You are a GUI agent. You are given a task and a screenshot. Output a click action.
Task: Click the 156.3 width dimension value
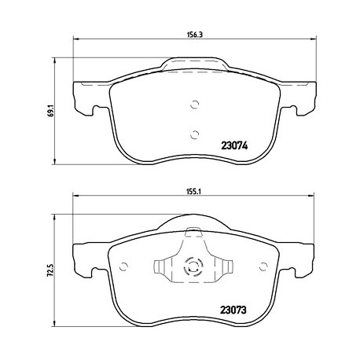pyautogui.click(x=195, y=35)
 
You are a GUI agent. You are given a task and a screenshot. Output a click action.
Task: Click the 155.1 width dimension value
pyautogui.click(x=193, y=192)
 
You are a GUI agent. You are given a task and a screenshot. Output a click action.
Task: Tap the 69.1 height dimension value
pyautogui.click(x=51, y=110)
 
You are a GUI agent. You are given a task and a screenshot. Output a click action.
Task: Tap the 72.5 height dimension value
pyautogui.click(x=51, y=270)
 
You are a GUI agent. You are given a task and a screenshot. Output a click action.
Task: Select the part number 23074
pyautogui.click(x=234, y=145)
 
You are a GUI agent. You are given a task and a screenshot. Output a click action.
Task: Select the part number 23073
pyautogui.click(x=233, y=310)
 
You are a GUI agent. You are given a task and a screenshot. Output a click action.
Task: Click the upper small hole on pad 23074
pyautogui.click(x=194, y=105)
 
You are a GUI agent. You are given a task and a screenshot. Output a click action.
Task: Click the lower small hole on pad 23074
pyautogui.click(x=194, y=134)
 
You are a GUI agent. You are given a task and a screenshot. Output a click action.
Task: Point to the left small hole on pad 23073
pyautogui.click(x=123, y=266)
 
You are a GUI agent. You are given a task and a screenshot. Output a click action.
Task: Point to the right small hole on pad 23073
pyautogui.click(x=263, y=266)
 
